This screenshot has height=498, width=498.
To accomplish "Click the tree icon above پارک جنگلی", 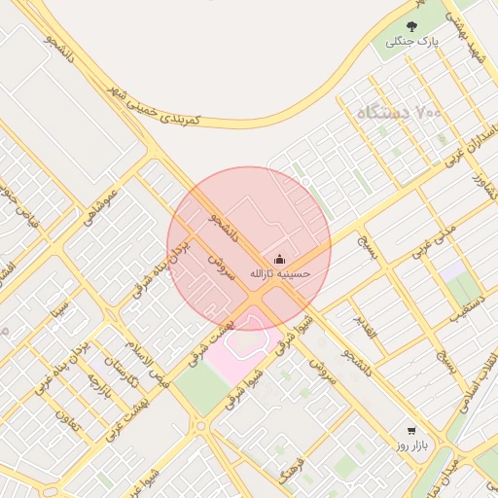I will pos(411,26).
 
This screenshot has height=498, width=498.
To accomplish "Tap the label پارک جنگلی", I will pos(412,43).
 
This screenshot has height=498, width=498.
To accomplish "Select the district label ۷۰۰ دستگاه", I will pos(398,113).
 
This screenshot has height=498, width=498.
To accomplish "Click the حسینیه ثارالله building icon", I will pos(280,259).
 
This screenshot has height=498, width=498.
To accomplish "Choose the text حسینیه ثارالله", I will pos(280,274).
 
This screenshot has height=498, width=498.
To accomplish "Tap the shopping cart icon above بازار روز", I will pos(411,430).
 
